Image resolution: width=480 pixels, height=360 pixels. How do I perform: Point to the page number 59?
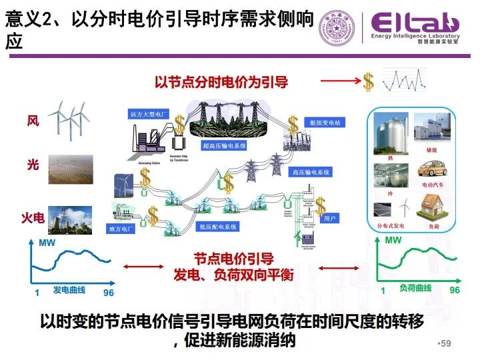pos(445,343)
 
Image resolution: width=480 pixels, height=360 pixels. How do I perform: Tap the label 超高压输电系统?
pos(224,145)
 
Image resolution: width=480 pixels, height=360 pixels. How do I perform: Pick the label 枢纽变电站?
pos(325,123)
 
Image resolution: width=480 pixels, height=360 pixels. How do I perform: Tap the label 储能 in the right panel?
pos(430,150)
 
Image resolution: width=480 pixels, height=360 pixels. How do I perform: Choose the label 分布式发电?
pos(391,227)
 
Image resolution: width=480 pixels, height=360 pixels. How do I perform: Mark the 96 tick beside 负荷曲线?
pos(455,291)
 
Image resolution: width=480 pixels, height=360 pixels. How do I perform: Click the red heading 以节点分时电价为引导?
pos(221,82)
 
